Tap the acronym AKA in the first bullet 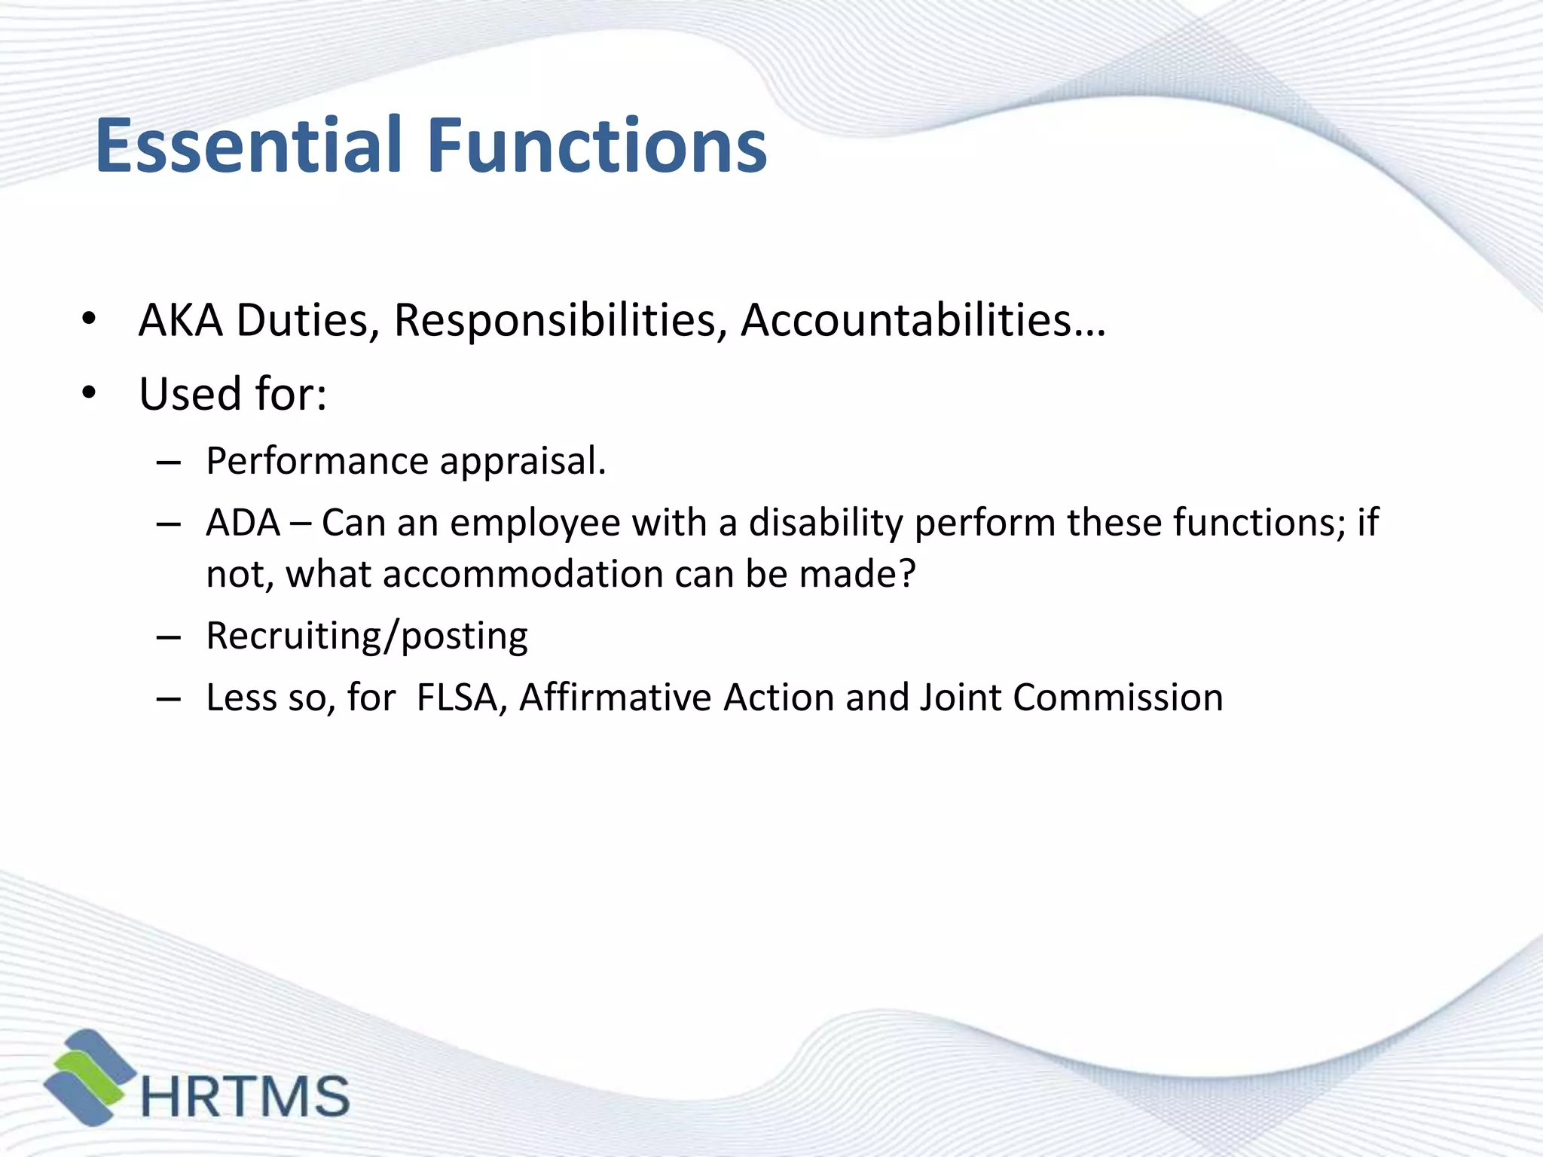pyautogui.click(x=181, y=320)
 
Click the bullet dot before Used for pyautogui.click(x=90, y=392)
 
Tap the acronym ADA pyautogui.click(x=243, y=523)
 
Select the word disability pyautogui.click(x=826, y=523)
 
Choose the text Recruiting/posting pyautogui.click(x=367, y=637)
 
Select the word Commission pyautogui.click(x=1118, y=698)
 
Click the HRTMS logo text pyautogui.click(x=246, y=1096)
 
